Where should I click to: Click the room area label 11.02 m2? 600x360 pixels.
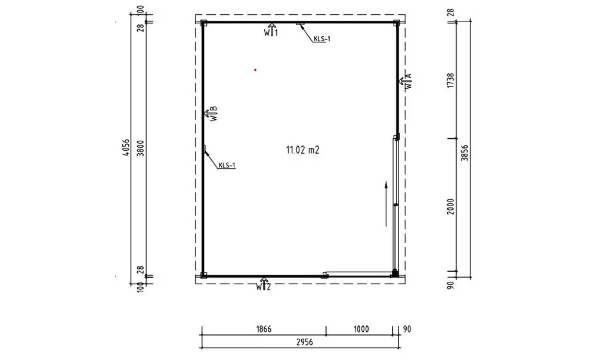(302, 150)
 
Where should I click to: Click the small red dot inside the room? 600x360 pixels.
(255, 70)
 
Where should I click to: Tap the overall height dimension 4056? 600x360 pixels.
(126, 148)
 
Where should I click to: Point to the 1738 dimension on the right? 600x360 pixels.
(450, 80)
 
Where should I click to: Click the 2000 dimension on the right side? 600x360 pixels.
(450, 207)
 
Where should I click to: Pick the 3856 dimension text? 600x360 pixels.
(464, 153)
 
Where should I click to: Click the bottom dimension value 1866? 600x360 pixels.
(264, 329)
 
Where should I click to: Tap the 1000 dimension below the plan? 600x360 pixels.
(361, 329)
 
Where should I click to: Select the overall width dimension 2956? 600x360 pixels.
(305, 342)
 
